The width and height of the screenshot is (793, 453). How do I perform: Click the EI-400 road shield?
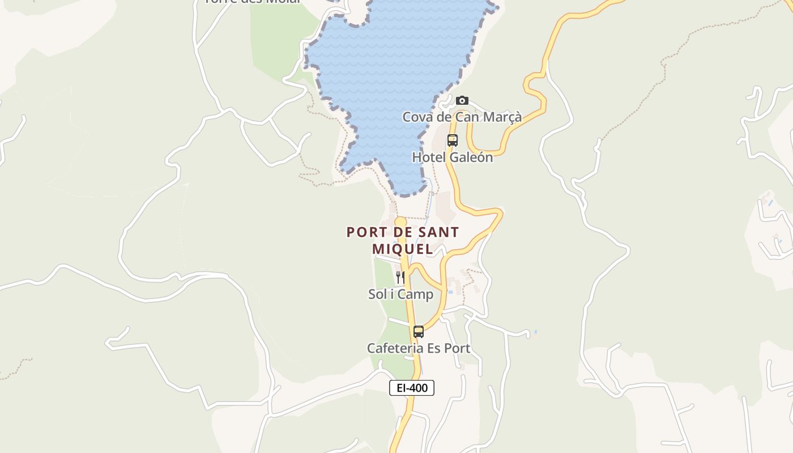412,388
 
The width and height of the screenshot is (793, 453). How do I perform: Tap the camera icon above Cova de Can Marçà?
462,101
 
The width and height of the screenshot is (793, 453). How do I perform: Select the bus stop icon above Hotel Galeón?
452,140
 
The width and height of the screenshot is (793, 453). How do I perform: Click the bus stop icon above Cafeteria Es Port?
419,332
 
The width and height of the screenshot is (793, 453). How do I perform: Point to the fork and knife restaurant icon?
400,277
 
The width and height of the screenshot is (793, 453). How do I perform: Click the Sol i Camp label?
400,294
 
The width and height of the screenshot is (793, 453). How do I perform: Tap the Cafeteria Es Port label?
419,348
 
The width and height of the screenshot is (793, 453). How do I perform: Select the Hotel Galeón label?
453,157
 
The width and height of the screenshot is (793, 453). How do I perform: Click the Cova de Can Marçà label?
462,117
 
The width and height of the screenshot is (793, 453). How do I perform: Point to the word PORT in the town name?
365,232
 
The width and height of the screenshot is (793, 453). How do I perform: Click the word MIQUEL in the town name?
402,249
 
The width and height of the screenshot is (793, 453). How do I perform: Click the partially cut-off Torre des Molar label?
253,2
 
